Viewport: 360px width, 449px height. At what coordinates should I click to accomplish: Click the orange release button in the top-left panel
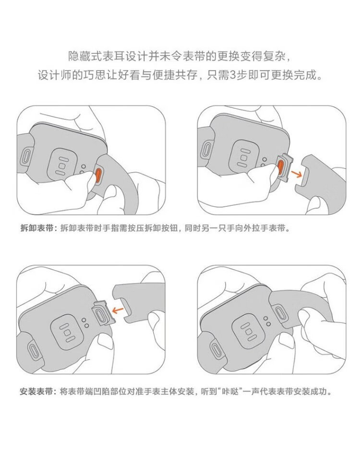[98, 175]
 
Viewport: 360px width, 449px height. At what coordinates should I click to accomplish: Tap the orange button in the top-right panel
[280, 167]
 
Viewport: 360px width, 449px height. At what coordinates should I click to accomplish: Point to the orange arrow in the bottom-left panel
[117, 309]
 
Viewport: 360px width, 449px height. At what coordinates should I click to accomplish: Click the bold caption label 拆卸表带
[36, 228]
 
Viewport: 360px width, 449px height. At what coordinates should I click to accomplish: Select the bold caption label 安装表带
[36, 391]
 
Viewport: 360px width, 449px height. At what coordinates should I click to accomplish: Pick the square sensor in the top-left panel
[61, 165]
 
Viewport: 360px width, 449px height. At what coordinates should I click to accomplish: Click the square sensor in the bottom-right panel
[248, 331]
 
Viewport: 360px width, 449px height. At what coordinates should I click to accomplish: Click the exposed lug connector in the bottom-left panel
[103, 313]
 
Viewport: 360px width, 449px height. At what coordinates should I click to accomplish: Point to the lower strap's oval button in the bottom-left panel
[34, 351]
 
